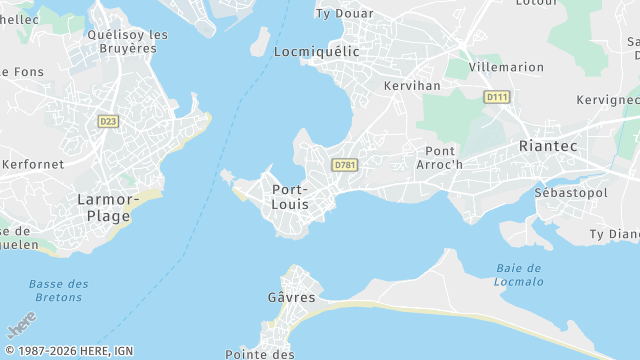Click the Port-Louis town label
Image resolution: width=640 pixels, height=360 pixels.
pyautogui.click(x=290, y=196)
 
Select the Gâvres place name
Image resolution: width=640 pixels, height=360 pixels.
pyautogui.click(x=291, y=298)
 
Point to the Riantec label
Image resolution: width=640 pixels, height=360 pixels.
pyautogui.click(x=548, y=146)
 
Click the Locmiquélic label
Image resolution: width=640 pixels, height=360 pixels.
pyautogui.click(x=315, y=50)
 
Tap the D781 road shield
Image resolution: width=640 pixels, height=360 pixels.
pyautogui.click(x=345, y=164)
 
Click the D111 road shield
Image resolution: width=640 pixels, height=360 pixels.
pyautogui.click(x=496, y=97)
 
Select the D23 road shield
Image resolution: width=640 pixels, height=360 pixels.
pyautogui.click(x=108, y=121)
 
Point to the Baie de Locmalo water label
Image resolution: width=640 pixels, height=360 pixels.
pyautogui.click(x=519, y=274)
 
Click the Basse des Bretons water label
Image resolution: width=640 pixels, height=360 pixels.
pyautogui.click(x=58, y=291)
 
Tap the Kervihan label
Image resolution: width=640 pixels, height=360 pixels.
pyautogui.click(x=412, y=86)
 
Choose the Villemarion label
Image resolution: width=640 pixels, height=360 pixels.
pyautogui.click(x=506, y=68)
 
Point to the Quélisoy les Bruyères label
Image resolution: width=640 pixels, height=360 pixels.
pyautogui.click(x=127, y=40)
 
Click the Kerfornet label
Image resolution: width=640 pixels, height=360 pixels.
pyautogui.click(x=32, y=164)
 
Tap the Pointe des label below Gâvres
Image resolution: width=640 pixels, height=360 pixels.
pyautogui.click(x=259, y=354)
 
